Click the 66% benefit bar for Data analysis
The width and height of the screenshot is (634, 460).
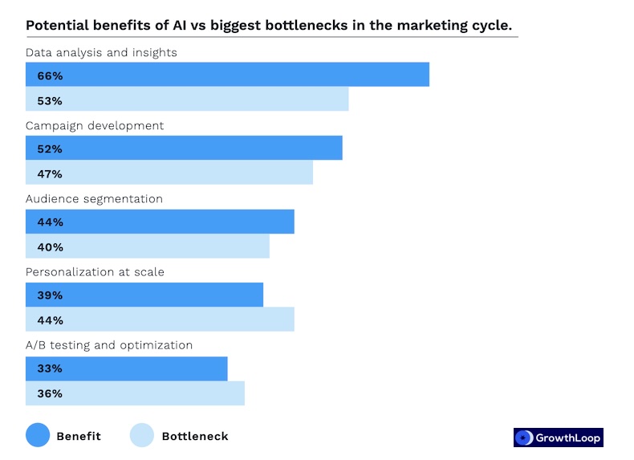(x=227, y=75)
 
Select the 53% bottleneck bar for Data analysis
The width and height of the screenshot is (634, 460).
(x=187, y=100)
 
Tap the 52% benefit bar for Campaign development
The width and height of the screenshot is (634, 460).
(x=184, y=149)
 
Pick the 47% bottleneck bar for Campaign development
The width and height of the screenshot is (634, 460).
(x=169, y=173)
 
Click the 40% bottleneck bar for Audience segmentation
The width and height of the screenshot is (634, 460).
(x=148, y=246)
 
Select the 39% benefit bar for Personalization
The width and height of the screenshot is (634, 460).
(x=144, y=295)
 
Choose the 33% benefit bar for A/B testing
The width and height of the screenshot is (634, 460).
(x=127, y=368)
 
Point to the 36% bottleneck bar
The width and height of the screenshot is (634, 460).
(x=135, y=393)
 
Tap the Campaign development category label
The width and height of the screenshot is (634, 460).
(x=95, y=126)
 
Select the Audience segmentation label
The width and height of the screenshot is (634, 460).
(x=94, y=199)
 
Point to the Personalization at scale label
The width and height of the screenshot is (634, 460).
(x=95, y=272)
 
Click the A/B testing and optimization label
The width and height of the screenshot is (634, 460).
(x=109, y=345)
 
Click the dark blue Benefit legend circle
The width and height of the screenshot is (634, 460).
(x=38, y=436)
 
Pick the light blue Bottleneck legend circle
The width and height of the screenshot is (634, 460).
(x=141, y=436)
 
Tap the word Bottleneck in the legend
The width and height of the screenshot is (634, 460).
(x=195, y=437)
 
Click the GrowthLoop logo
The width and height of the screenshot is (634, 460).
(x=558, y=438)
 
